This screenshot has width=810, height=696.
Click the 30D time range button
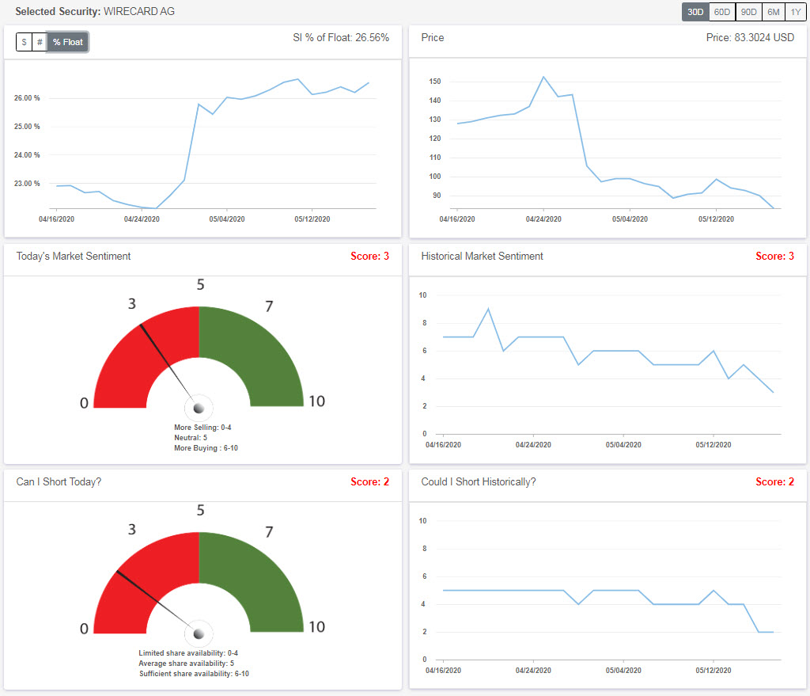coord(695,12)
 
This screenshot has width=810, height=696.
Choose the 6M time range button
coord(773,12)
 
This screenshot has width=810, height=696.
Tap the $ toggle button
coord(24,42)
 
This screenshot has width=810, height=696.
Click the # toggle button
coord(40,42)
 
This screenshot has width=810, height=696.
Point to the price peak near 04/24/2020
coord(543,77)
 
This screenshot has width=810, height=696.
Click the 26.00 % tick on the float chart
coord(27,98)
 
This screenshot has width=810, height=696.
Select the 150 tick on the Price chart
coord(434,82)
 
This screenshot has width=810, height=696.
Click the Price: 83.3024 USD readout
coord(749,37)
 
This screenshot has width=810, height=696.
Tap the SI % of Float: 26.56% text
coord(340,37)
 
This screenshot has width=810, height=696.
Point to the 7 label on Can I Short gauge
coord(268,531)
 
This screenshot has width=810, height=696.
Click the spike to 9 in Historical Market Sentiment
coord(488,309)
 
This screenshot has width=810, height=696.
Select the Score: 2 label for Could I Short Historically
coord(774,481)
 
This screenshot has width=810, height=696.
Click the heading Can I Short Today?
coord(59,481)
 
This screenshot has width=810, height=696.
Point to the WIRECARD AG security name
coord(139,12)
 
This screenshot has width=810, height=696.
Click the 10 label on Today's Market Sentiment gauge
coord(316,401)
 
